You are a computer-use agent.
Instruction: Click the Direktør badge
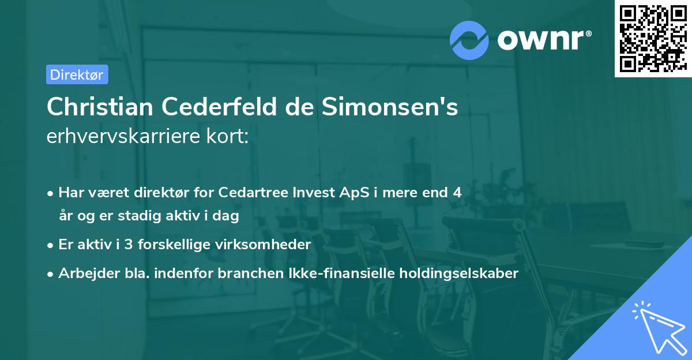coord(77,74)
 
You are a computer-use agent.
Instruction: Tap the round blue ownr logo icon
coord(469,40)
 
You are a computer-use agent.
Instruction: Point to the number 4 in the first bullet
coord(457,193)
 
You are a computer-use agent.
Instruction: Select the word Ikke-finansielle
coord(341,273)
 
